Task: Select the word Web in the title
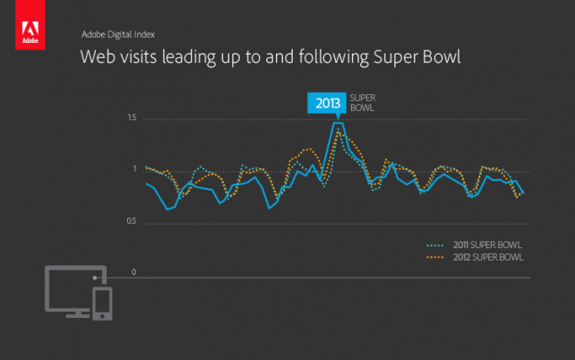(97, 59)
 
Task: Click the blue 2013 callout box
(324, 103)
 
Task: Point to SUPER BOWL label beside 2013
(362, 102)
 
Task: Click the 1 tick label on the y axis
(133, 169)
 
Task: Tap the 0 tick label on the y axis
(133, 272)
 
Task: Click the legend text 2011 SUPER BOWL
(487, 244)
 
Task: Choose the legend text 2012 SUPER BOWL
(487, 257)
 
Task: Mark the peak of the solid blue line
(336, 124)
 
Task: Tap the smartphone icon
(102, 304)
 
